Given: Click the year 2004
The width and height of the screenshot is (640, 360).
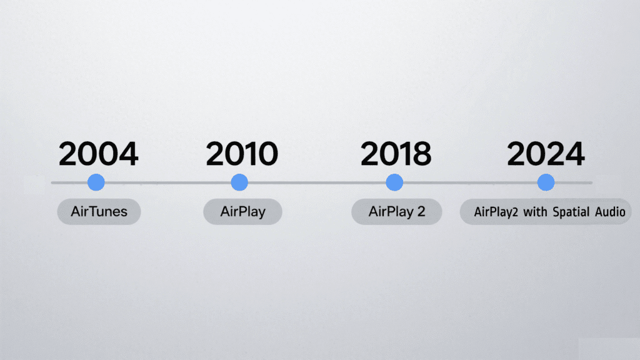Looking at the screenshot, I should click(x=98, y=154).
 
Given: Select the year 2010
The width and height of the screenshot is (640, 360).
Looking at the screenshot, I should click(x=242, y=154).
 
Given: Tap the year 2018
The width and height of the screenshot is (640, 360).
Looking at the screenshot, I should click(x=396, y=154).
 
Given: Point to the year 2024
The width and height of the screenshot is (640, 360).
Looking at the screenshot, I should click(x=546, y=154).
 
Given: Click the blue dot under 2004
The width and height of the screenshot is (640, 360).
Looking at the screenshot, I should click(x=96, y=182).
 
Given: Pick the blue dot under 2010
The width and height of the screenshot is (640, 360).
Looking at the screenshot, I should click(x=239, y=182).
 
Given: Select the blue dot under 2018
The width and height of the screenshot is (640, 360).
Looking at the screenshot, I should click(x=394, y=182).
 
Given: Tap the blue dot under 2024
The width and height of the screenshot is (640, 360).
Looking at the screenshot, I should click(x=546, y=182).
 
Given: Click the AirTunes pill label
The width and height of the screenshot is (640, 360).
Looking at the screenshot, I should click(x=99, y=212).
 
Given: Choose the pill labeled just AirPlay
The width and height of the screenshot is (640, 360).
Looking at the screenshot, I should click(x=242, y=212).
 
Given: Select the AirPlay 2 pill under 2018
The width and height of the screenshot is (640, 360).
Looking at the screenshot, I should click(x=396, y=212).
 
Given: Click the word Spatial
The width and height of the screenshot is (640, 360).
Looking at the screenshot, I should click(x=574, y=212).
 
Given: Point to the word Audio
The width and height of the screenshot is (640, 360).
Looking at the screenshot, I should click(x=611, y=212).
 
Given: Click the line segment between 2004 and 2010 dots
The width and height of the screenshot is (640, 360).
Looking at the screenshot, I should click(x=167, y=182).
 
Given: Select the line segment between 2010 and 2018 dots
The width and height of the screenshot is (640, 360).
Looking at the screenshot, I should click(x=317, y=182).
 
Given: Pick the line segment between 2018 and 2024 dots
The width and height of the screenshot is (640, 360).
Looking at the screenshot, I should click(x=470, y=182).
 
